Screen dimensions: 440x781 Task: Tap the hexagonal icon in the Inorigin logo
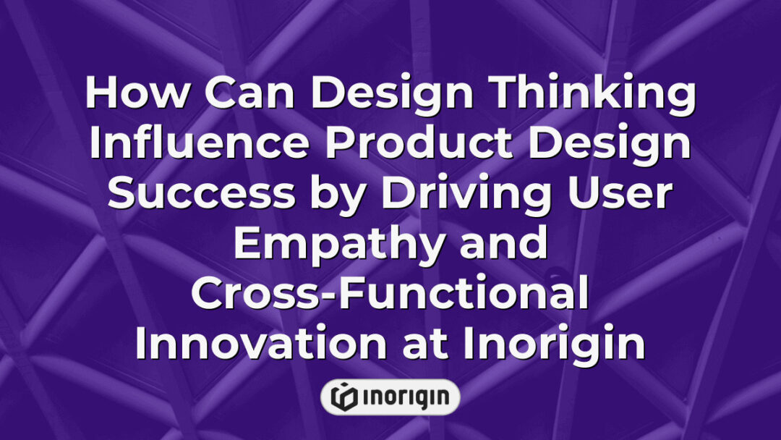tap(341, 397)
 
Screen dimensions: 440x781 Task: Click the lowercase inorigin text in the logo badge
tap(403, 397)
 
